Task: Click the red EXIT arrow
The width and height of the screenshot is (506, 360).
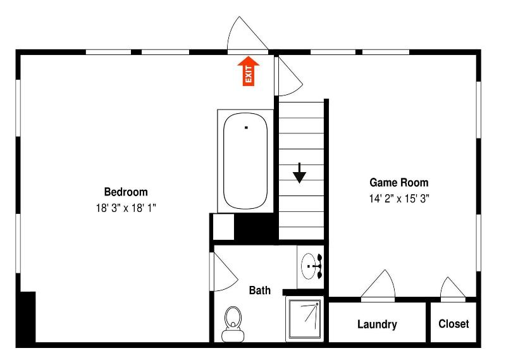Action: [248, 71]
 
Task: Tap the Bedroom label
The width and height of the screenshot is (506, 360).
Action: [126, 192]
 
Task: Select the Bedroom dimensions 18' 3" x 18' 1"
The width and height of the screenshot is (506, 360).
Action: [126, 208]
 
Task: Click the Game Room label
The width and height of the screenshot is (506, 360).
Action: [399, 183]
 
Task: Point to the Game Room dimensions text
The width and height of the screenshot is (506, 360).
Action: [399, 199]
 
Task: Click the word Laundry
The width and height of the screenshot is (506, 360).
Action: [377, 324]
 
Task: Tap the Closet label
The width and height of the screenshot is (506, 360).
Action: [454, 323]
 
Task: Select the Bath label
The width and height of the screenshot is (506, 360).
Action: [260, 290]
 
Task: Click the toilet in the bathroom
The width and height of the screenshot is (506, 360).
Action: [233, 324]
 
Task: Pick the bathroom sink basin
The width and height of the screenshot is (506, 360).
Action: [308, 266]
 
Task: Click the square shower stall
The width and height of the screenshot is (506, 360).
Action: [305, 319]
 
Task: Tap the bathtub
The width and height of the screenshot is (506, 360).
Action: [245, 161]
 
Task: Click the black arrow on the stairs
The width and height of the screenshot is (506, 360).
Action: [299, 173]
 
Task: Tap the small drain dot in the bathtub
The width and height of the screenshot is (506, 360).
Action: [246, 128]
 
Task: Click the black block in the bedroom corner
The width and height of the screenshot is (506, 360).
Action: [28, 317]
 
